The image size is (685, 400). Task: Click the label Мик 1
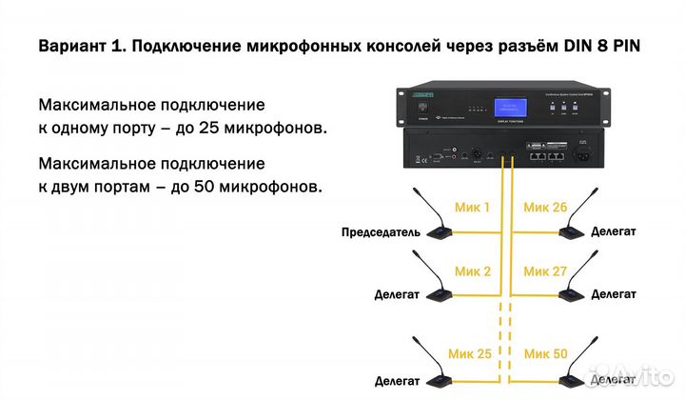[x=473, y=207]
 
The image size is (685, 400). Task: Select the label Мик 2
[x=473, y=271]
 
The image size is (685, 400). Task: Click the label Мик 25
[x=473, y=354]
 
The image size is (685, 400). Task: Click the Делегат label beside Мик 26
[x=614, y=231]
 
